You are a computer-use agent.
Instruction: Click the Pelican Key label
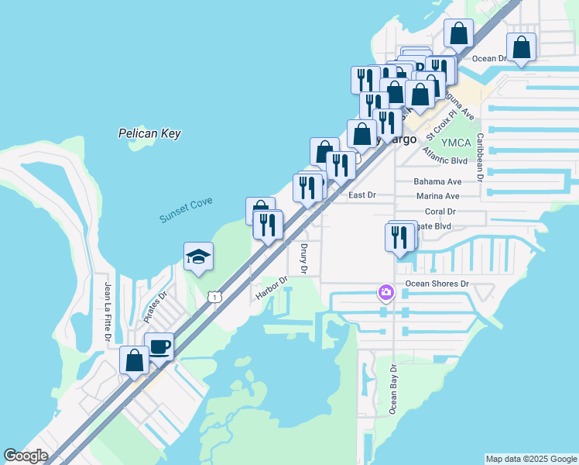(x=149, y=133)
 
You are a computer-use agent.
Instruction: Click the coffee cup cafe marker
(x=159, y=347)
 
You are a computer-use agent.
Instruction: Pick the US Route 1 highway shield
(x=214, y=297)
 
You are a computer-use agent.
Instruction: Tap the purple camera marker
(x=385, y=292)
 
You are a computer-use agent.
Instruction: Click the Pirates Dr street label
(x=156, y=307)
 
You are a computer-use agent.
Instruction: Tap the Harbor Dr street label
(x=271, y=289)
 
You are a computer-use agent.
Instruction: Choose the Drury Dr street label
(x=303, y=259)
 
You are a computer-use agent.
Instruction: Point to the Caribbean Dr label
(x=480, y=156)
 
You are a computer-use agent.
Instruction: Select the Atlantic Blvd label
(x=445, y=160)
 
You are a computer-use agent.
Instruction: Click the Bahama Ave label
(x=437, y=181)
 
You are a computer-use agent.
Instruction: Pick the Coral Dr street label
(x=440, y=211)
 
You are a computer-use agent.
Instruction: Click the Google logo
(x=26, y=456)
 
